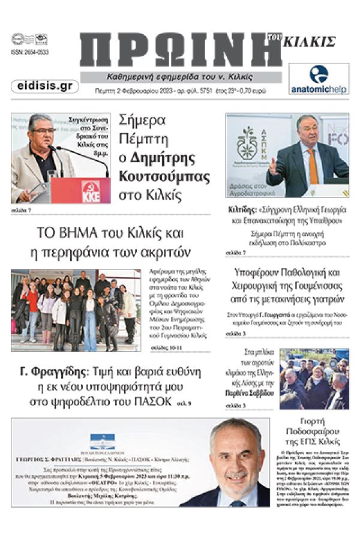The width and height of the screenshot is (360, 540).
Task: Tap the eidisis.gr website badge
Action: pos(44,86)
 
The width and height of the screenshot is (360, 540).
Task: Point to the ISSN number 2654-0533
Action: pos(29,52)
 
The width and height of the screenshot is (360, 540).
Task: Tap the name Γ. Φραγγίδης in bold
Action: pos(53,371)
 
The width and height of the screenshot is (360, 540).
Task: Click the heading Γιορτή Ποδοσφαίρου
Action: pos(314,425)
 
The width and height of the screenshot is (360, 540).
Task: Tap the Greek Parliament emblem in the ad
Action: pos(102,445)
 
